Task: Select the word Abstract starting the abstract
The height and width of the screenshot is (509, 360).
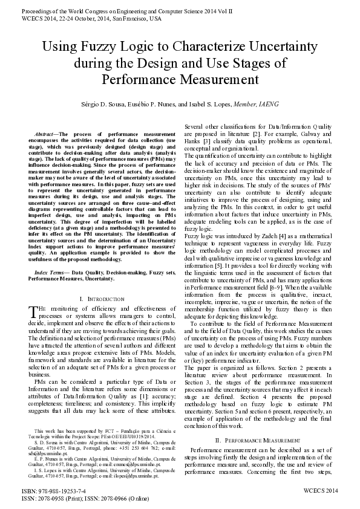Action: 45,132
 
